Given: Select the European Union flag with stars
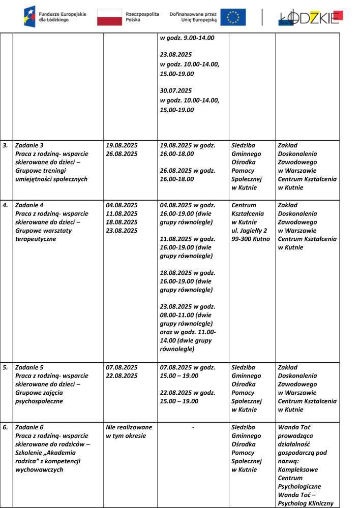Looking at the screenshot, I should pos(233,17).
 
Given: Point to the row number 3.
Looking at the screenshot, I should pos(5,145).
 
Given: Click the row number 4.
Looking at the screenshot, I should pos(5,205).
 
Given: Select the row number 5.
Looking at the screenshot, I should pos(5,367).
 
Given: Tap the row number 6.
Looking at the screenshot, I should pos(5,427).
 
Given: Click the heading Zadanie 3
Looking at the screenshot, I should pos(29,145).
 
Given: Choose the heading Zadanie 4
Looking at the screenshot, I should pos(29,205).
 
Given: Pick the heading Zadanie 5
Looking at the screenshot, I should pos(29,367).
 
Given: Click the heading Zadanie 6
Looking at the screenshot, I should pos(29,427).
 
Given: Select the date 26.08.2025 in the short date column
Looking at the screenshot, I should pos(122,154).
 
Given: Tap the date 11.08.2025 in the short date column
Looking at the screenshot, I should pos(122,214).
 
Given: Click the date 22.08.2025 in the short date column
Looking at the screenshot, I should pos(122,376).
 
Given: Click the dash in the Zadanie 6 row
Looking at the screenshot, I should pos(193,428).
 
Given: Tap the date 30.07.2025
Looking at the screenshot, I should pos(175,91).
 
